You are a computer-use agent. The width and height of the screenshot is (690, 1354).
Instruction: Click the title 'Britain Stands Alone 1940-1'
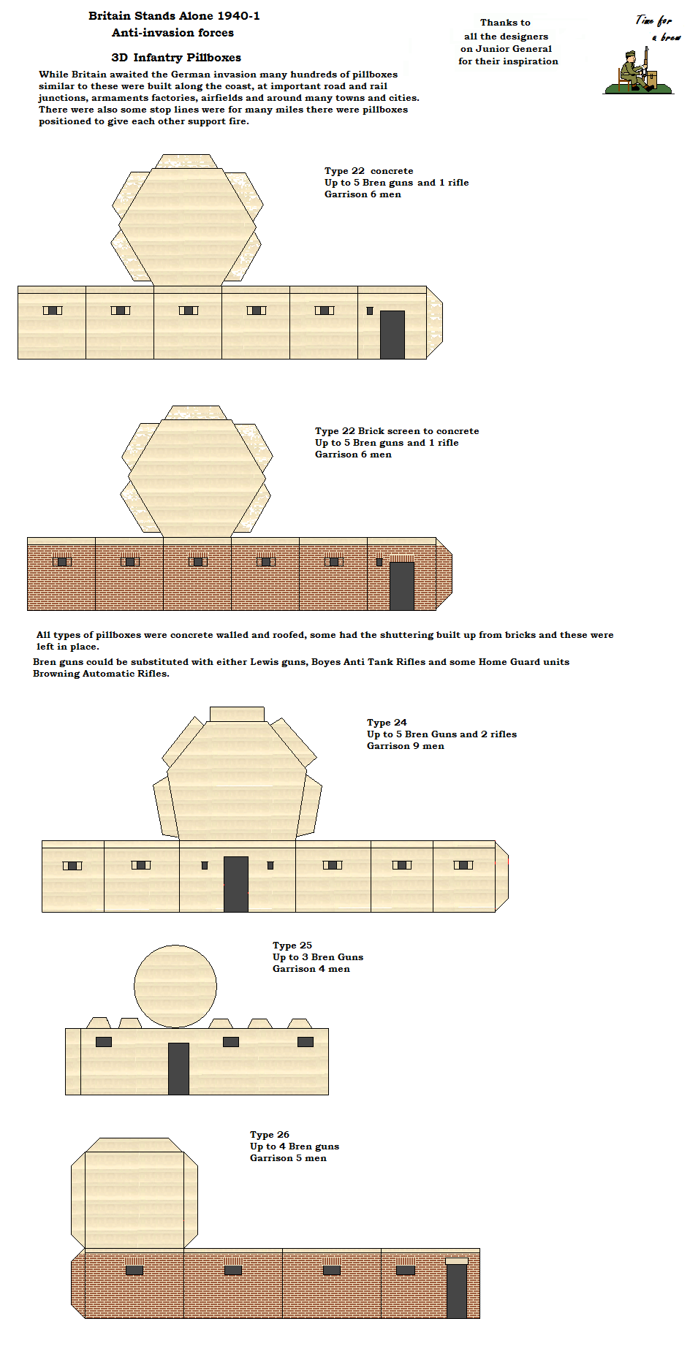tap(174, 16)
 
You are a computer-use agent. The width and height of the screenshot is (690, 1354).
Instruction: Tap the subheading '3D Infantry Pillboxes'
tap(176, 58)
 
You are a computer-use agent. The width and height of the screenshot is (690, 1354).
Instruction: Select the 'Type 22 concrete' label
tap(368, 171)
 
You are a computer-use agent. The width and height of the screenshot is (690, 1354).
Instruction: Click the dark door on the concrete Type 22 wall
tap(392, 335)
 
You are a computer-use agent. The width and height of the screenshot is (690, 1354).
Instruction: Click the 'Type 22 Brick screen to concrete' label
tap(397, 431)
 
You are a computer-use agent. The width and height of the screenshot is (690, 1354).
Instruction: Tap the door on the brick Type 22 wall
tap(401, 585)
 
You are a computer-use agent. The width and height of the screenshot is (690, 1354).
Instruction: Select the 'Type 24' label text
tap(387, 723)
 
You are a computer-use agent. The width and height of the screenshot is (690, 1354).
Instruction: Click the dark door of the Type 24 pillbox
tap(235, 884)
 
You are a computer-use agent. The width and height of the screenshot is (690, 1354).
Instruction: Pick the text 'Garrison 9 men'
tap(405, 746)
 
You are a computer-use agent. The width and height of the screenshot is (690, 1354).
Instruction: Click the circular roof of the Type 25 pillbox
tap(175, 986)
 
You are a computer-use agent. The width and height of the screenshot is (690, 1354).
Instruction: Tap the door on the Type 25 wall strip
tap(178, 1068)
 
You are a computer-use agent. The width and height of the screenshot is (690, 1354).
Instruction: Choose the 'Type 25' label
tap(292, 946)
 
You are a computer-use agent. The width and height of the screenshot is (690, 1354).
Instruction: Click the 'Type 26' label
tap(270, 1135)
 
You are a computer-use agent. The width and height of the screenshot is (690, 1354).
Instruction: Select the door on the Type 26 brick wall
tap(456, 1290)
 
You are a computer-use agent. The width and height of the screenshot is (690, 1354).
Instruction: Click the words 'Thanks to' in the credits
tap(505, 23)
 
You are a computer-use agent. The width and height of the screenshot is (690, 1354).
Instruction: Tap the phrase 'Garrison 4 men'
tap(311, 969)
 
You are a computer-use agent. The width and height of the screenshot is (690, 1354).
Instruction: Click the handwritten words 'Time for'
tap(653, 20)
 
